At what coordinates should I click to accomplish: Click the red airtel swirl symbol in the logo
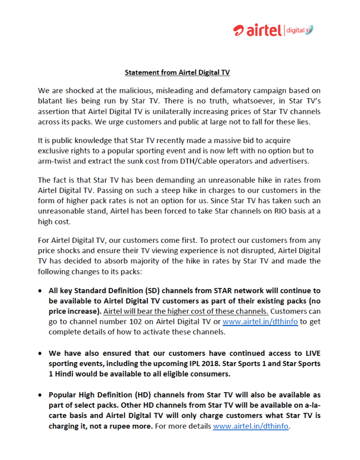tap(239, 30)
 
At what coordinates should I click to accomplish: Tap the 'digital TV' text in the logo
tap(299, 30)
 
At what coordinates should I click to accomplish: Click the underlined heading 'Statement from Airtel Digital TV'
tap(177, 72)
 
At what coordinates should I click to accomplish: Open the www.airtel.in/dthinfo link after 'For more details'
tap(251, 426)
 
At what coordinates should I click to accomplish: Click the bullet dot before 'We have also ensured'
tap(40, 353)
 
